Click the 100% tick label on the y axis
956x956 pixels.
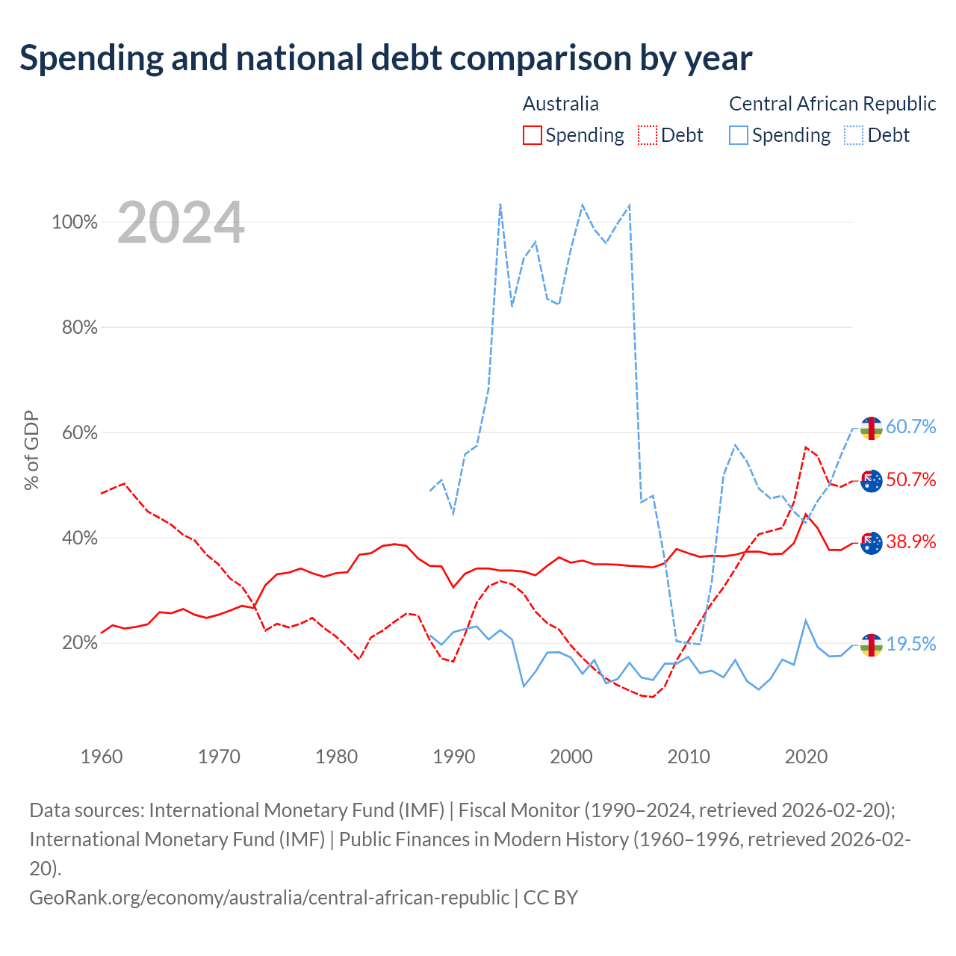tap(75, 222)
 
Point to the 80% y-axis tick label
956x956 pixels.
tap(79, 327)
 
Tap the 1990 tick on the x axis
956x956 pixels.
tap(453, 757)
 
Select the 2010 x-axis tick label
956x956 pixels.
tap(688, 757)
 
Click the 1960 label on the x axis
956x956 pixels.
tap(102, 757)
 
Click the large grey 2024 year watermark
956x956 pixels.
tap(181, 223)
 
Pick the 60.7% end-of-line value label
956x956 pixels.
tap(910, 426)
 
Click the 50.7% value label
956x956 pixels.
tap(910, 479)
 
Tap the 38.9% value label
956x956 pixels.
tap(910, 541)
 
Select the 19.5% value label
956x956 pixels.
tap(910, 644)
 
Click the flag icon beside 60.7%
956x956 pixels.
tap(871, 428)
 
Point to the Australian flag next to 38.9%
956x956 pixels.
tap(871, 543)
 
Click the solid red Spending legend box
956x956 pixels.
tap(532, 135)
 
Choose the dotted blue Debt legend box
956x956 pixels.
tap(854, 135)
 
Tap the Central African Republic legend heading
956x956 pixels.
tap(832, 104)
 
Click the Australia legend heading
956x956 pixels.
tap(561, 104)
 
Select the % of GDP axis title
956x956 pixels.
tap(31, 450)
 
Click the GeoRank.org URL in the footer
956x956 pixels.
tap(270, 898)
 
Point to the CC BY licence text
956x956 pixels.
tap(550, 898)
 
